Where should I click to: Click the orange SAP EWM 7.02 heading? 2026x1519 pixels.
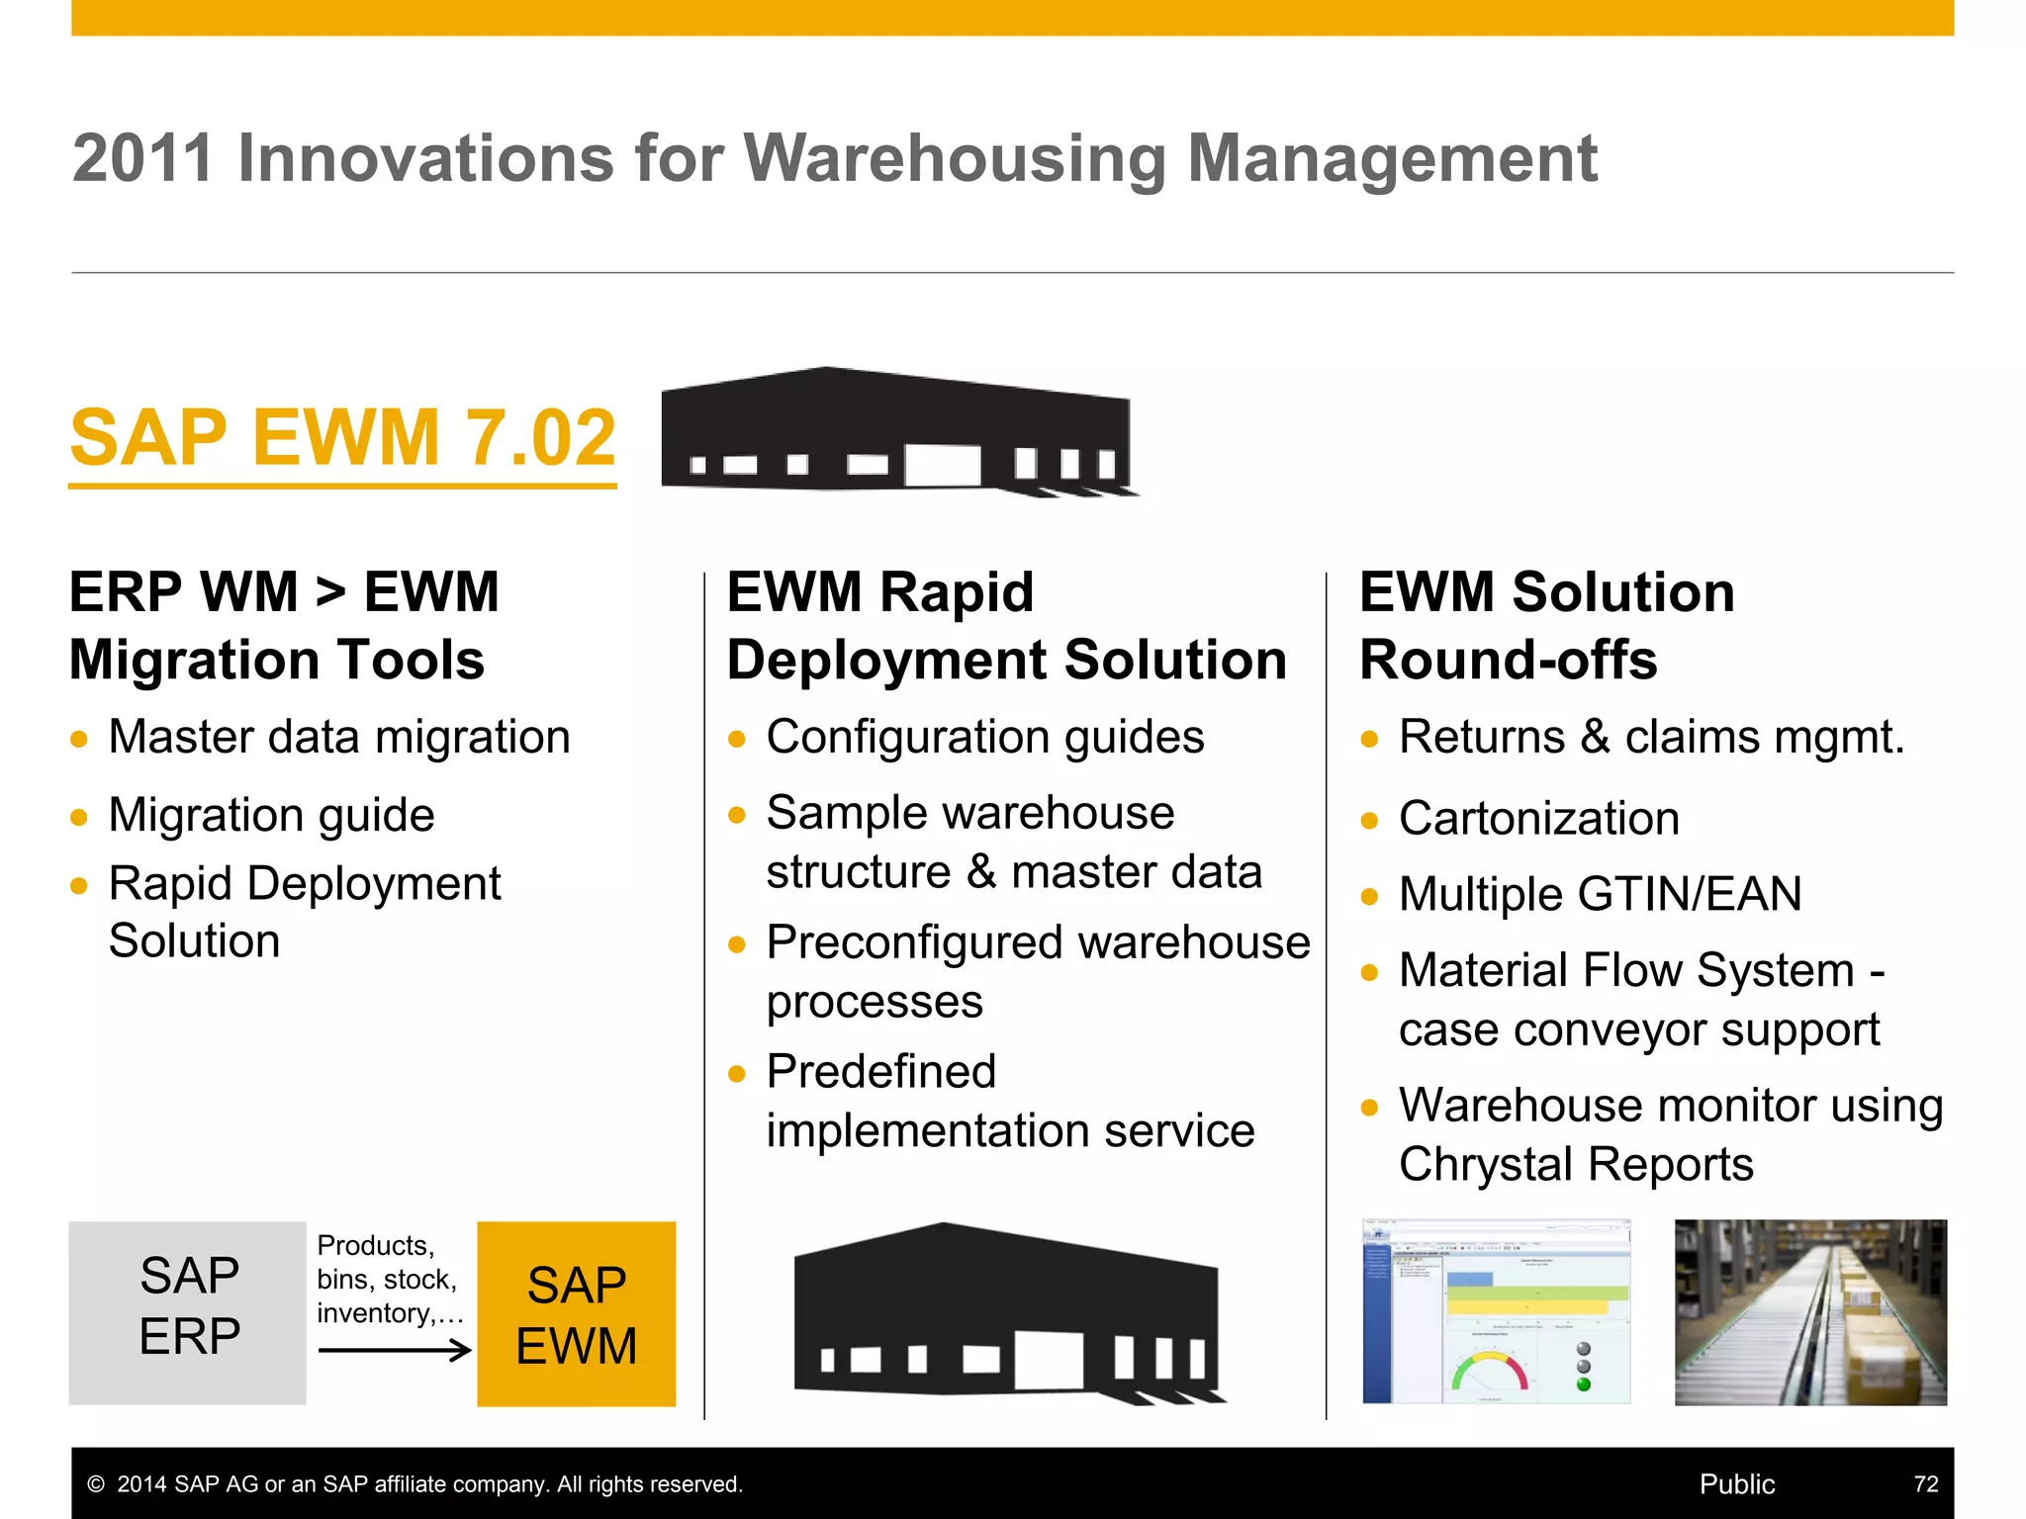(342, 438)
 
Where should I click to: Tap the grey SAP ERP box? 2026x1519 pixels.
(188, 1312)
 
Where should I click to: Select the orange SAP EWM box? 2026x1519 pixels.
(577, 1314)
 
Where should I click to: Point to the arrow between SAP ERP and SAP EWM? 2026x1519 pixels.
(395, 1350)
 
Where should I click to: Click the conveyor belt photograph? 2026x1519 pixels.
(1810, 1312)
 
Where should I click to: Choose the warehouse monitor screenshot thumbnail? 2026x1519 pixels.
(1496, 1312)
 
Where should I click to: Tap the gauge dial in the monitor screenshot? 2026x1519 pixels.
(1489, 1374)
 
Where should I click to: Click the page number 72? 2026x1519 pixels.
(1925, 1484)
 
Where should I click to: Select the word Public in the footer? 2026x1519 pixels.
(1737, 1484)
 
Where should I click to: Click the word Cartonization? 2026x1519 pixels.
(1539, 819)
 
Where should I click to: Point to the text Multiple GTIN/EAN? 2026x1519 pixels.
(1600, 894)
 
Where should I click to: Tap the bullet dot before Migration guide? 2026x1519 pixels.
(80, 818)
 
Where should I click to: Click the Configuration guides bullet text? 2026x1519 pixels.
(985, 738)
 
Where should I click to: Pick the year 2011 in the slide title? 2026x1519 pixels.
(142, 158)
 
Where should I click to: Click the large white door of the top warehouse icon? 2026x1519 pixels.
(943, 465)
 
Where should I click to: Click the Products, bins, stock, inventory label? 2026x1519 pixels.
(389, 1279)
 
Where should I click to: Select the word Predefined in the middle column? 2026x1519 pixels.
(881, 1071)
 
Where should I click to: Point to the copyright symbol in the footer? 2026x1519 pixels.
(96, 1484)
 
